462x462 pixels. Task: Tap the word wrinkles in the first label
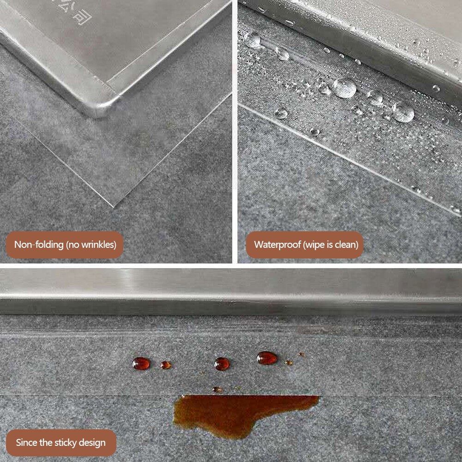coord(96,245)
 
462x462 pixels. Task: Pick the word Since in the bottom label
coord(27,443)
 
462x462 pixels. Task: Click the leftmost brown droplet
coord(141,364)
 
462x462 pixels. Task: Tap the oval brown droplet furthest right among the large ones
coord(267,358)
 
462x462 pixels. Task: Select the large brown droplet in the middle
coord(222,364)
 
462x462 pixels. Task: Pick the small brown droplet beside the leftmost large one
coord(166,365)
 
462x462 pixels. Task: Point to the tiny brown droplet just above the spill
coord(217,390)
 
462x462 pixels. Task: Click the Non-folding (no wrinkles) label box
coord(65,245)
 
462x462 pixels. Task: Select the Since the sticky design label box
coord(61,443)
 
